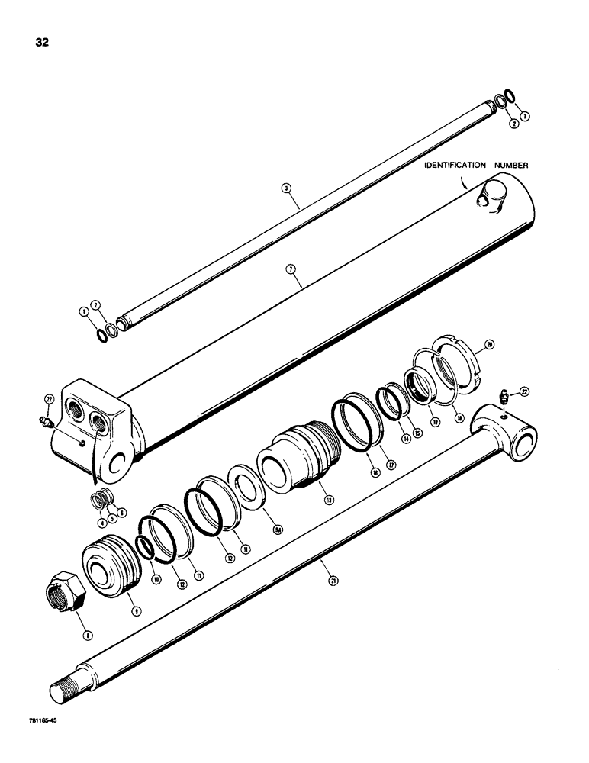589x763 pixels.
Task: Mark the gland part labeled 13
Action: (x=299, y=455)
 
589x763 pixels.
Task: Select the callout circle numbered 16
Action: (x=374, y=474)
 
